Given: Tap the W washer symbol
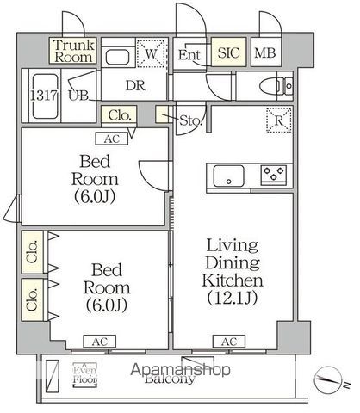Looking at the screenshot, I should (x=152, y=54).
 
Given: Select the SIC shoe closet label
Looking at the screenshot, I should (x=228, y=53).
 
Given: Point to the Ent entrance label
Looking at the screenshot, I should (x=190, y=54).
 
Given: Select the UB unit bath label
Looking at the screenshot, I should (x=78, y=95).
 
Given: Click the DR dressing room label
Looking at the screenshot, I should (x=134, y=85).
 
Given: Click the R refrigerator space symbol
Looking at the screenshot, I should (x=278, y=121).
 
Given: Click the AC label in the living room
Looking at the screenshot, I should (x=228, y=342).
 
